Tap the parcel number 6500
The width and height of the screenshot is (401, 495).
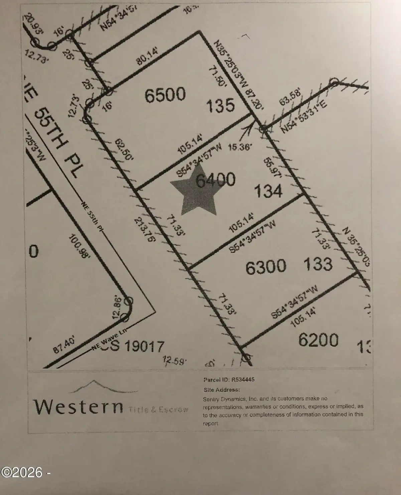point(165,95)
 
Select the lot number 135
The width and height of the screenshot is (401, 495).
point(220,106)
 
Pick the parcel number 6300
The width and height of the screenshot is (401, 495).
point(266,267)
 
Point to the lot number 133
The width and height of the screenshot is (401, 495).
point(318,264)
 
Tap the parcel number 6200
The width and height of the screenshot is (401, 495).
point(318,340)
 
